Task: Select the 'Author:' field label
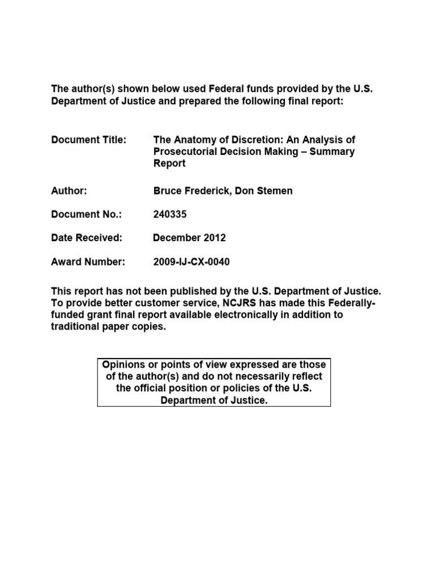69,191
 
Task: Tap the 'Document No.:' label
86,214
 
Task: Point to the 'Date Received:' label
87,238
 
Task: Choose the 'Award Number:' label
88,262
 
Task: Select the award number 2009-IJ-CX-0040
191,262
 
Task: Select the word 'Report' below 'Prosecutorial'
169,163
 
